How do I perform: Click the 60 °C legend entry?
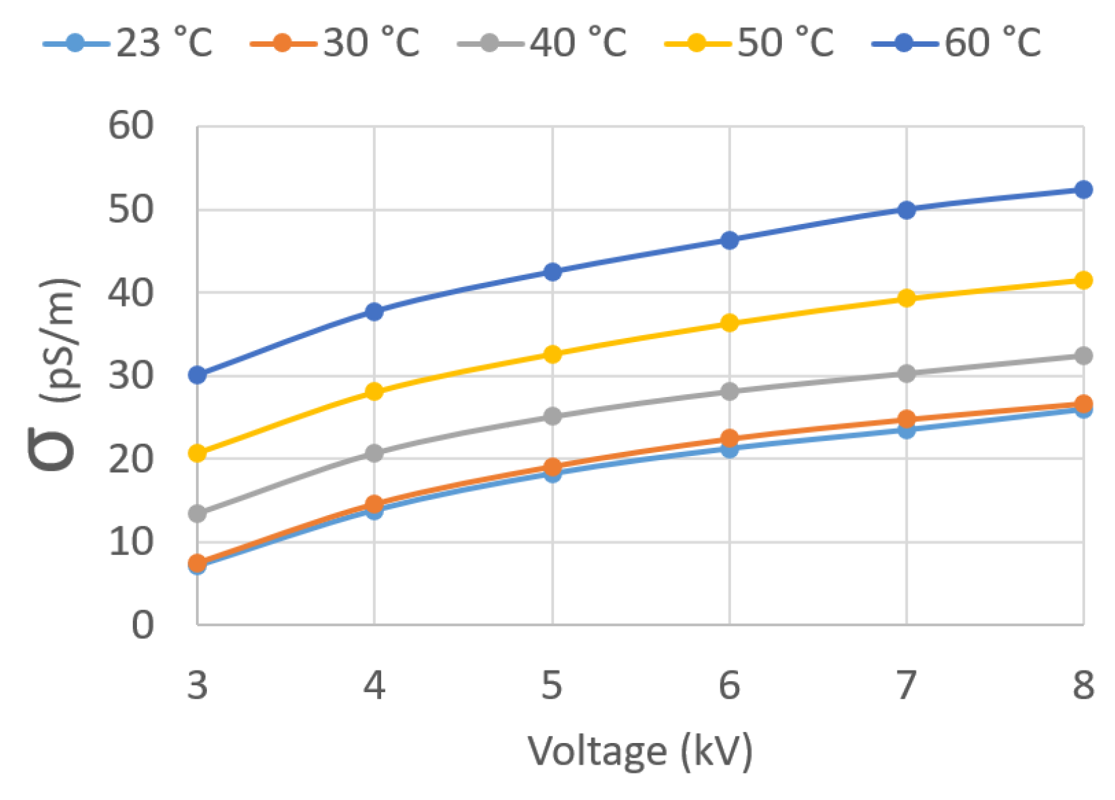click(x=957, y=43)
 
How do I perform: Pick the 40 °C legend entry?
click(x=543, y=43)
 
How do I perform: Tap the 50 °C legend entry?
click(x=749, y=43)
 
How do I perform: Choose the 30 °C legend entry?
click(x=335, y=43)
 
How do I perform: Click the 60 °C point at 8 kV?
click(x=1083, y=189)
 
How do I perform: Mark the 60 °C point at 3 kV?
click(x=197, y=375)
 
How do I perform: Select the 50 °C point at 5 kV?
click(x=552, y=354)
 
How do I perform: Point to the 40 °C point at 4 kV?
click(x=374, y=453)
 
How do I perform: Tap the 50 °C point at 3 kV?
click(x=197, y=453)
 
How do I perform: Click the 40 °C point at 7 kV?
click(x=906, y=373)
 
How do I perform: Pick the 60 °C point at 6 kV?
click(x=729, y=240)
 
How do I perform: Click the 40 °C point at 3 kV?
click(x=197, y=514)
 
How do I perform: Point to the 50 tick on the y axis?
click(x=131, y=210)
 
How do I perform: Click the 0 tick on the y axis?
click(x=142, y=625)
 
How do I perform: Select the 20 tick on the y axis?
click(x=131, y=459)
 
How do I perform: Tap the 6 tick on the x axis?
click(x=729, y=685)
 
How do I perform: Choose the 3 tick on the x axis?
click(x=197, y=685)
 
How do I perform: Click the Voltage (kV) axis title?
click(x=640, y=752)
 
